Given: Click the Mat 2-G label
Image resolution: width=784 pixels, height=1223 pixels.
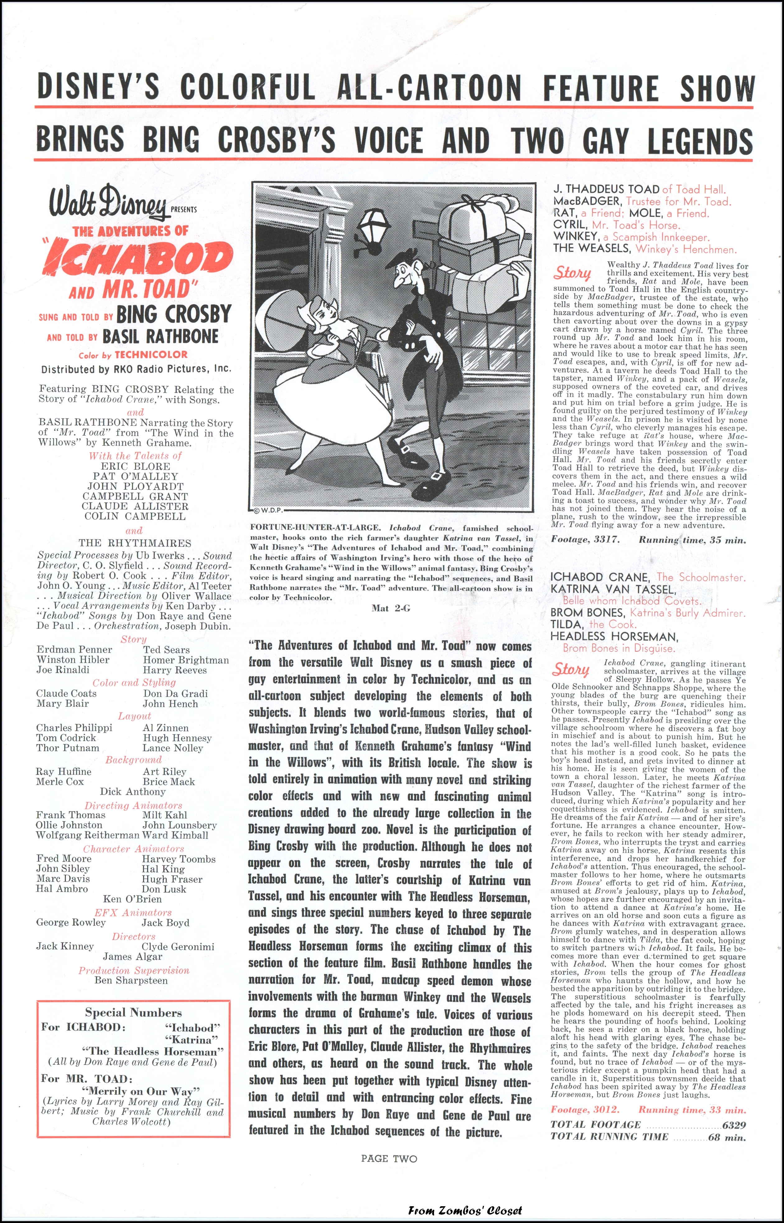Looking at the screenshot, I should pos(390,608).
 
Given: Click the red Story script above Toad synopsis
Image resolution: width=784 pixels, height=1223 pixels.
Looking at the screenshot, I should pos(572,273).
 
